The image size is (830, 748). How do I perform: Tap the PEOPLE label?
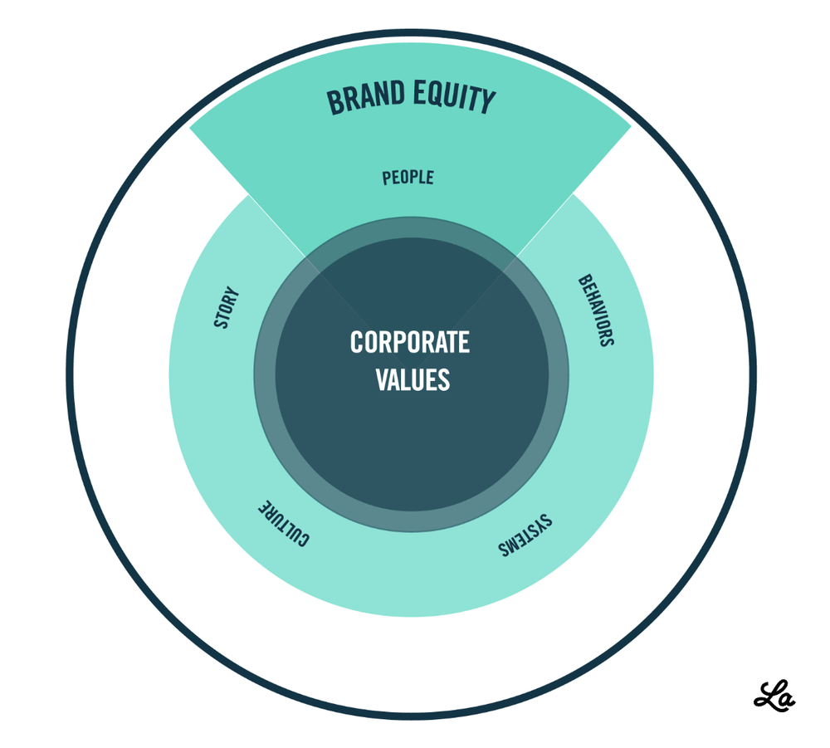click(408, 178)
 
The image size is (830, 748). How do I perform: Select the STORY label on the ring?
click(226, 308)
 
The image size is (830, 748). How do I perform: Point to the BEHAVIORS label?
click(595, 310)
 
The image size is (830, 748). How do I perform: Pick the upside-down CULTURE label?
click(282, 524)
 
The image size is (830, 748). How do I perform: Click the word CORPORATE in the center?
click(410, 342)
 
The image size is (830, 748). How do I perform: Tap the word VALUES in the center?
click(413, 379)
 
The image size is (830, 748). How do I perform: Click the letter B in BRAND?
click(334, 103)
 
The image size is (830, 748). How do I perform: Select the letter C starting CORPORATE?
click(357, 342)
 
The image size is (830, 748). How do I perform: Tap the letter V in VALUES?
click(382, 379)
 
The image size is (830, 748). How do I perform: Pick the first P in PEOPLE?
click(387, 178)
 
